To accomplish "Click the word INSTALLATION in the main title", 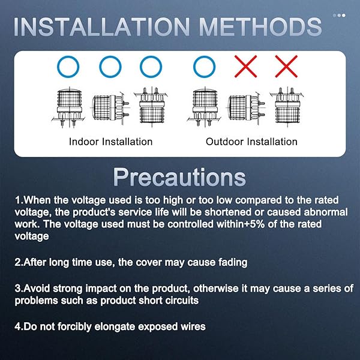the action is coord(102,26).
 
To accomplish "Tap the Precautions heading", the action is coord(179,177).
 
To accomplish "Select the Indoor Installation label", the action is coord(110,142).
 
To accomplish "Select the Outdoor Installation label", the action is coord(251,142).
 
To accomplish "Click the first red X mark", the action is coord(245,67).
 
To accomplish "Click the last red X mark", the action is coord(286,67).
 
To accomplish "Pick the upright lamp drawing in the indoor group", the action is coord(68,107).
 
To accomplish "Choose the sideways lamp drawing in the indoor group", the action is coord(110,107).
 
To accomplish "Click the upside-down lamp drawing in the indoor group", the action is coord(151,107).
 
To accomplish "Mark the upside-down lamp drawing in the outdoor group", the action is coord(287,107).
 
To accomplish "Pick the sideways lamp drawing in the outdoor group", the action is coord(247,107).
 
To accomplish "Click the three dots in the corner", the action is coord(339,16).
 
